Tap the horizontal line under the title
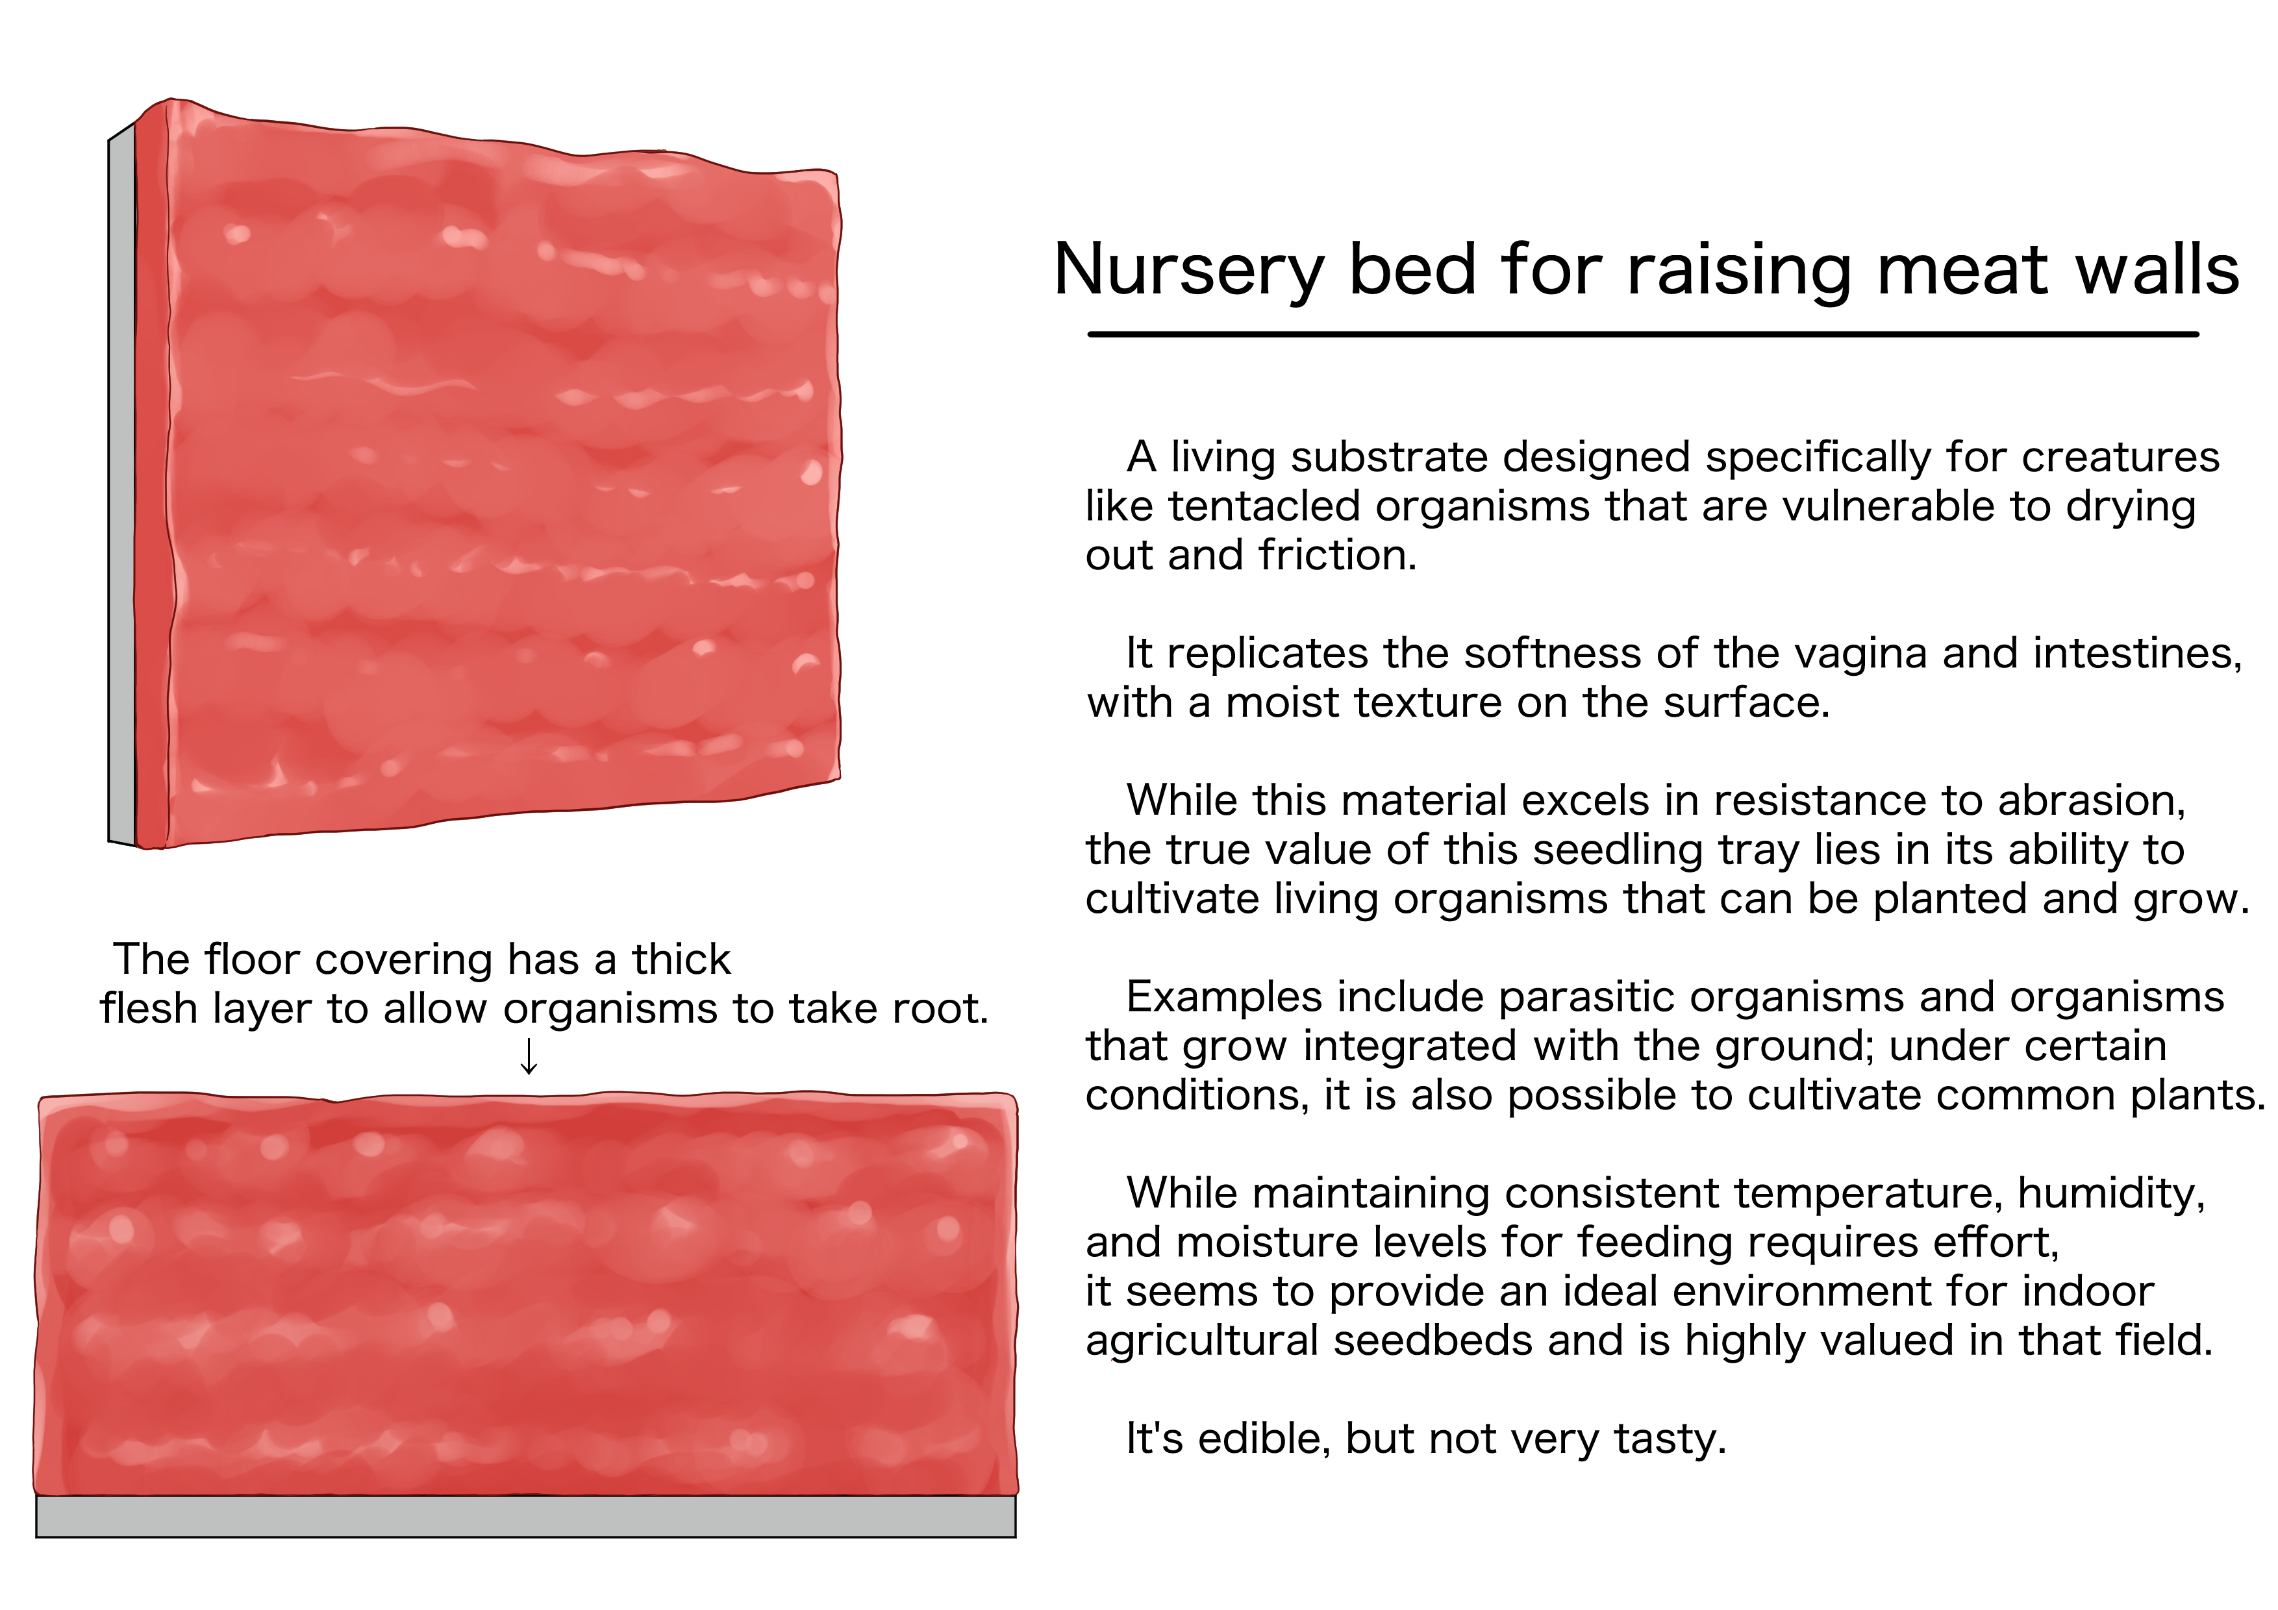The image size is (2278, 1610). click(1643, 334)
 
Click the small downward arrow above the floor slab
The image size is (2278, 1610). click(529, 1056)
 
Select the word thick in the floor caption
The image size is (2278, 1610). click(681, 960)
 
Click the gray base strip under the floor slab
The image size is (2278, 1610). click(526, 1516)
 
